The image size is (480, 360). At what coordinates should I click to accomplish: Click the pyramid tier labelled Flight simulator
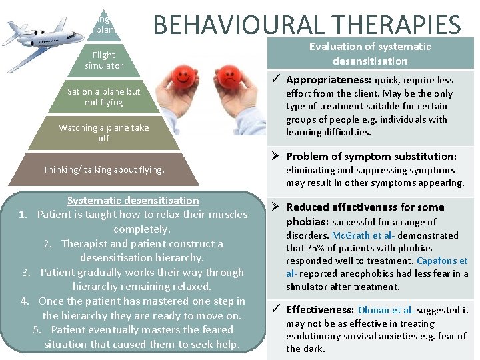[104, 60]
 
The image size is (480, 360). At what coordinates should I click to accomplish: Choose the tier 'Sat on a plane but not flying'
[104, 97]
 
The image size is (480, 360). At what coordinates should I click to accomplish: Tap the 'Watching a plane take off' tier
[104, 132]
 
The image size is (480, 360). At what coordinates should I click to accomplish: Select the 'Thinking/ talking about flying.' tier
[103, 169]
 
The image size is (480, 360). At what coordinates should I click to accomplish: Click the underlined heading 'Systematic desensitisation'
[133, 200]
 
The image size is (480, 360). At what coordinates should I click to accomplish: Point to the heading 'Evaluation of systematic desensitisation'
[369, 53]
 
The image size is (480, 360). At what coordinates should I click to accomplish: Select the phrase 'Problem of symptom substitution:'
[371, 156]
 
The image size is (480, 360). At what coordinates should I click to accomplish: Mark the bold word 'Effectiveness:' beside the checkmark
[320, 309]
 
